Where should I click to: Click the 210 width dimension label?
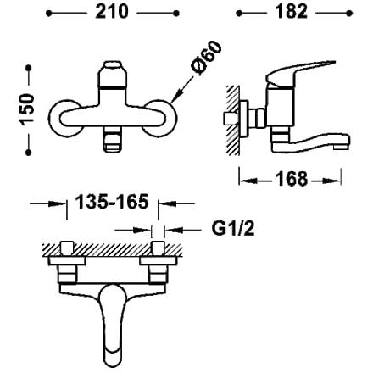[112, 12]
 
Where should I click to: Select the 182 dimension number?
[291, 12]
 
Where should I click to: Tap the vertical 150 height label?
[27, 109]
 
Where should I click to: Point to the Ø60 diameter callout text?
[206, 58]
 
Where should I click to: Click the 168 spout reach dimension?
[291, 179]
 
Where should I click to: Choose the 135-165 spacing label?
[112, 202]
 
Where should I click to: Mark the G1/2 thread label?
[233, 228]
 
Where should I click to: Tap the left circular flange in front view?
[54, 118]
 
